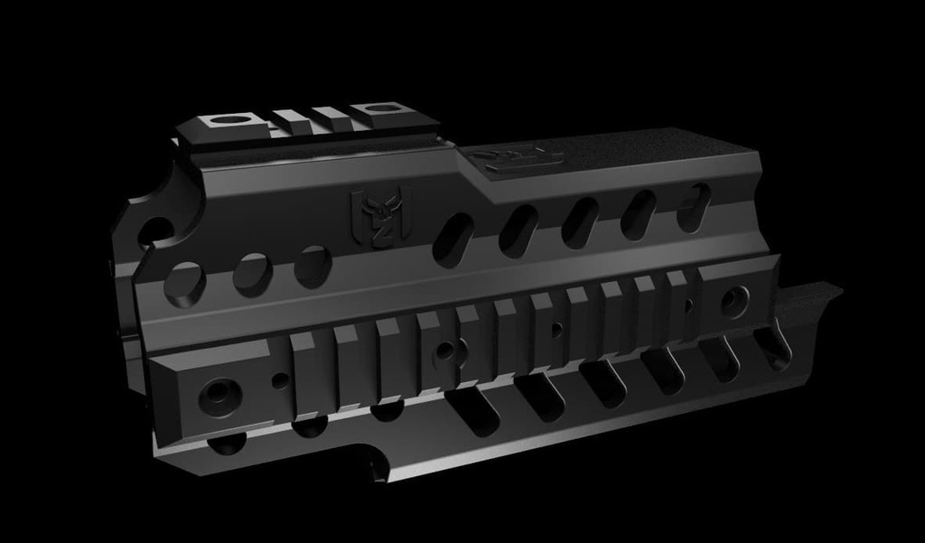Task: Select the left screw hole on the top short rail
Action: pyautogui.click(x=232, y=119)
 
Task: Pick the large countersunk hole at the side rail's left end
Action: pyautogui.click(x=220, y=395)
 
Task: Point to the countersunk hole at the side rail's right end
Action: pyautogui.click(x=733, y=301)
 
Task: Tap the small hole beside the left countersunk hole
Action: pyautogui.click(x=280, y=380)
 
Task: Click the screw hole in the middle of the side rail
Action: pyautogui.click(x=447, y=349)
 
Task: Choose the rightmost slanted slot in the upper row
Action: pyautogui.click(x=694, y=205)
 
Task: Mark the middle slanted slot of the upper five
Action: pyautogui.click(x=580, y=221)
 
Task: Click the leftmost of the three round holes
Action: pyautogui.click(x=185, y=283)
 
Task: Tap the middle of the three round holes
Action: pyautogui.click(x=252, y=275)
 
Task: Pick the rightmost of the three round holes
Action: pyautogui.click(x=313, y=267)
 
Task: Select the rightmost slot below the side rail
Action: pyautogui.click(x=772, y=347)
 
